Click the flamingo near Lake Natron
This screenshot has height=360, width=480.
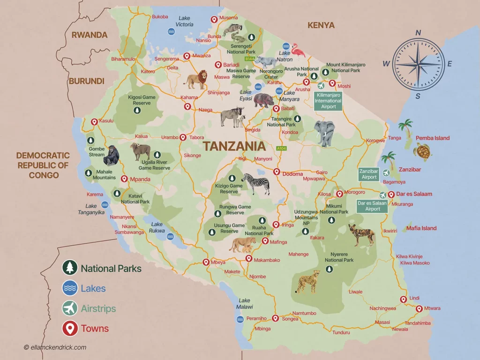(x=298, y=50)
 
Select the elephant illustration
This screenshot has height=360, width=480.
(x=324, y=133)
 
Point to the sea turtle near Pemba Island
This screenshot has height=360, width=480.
(x=422, y=151)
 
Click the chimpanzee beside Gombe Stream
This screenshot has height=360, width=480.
(x=111, y=155)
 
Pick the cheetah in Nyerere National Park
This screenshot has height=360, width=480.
(x=308, y=281)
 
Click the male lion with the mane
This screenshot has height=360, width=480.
(x=195, y=80)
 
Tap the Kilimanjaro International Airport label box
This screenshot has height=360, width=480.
(x=328, y=100)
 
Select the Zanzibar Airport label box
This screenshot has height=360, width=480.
(x=369, y=174)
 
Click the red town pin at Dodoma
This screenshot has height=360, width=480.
(x=277, y=172)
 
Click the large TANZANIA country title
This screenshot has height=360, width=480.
(x=234, y=146)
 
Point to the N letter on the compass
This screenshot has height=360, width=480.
(x=418, y=32)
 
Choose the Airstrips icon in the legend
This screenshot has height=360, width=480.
(x=70, y=308)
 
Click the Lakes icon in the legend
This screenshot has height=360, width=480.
(x=70, y=288)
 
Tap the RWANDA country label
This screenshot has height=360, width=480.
(x=89, y=35)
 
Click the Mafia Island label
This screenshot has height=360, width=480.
(x=421, y=228)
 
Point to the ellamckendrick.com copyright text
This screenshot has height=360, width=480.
(x=55, y=347)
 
